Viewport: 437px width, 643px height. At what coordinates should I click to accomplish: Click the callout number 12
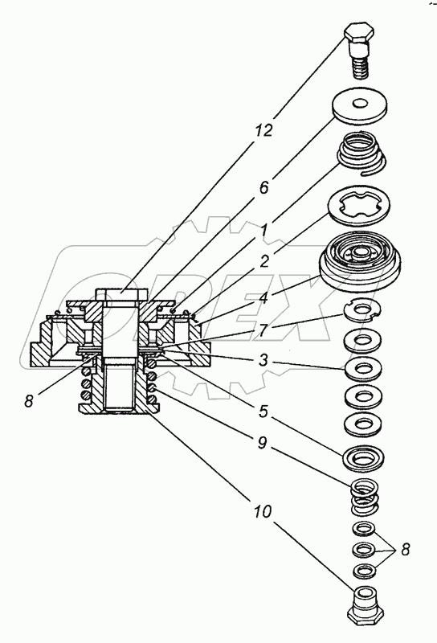click(264, 130)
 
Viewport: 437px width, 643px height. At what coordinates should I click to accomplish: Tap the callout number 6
click(263, 188)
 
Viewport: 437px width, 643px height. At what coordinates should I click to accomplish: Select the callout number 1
click(263, 231)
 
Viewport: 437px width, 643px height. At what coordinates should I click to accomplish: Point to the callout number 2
click(264, 260)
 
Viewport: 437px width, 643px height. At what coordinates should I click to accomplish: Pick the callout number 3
click(263, 359)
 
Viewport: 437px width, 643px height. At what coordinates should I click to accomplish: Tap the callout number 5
click(263, 411)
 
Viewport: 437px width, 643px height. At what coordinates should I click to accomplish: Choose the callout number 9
click(263, 443)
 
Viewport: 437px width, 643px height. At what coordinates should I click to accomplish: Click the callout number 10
click(263, 511)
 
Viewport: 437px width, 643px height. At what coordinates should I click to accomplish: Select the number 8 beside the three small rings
click(405, 550)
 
